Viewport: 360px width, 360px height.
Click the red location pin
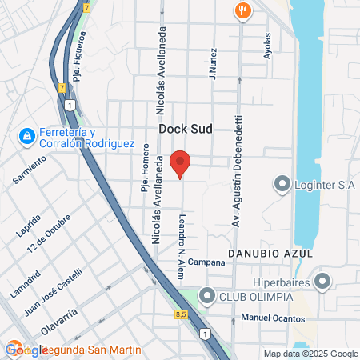181,162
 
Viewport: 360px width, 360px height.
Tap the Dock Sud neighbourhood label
184,128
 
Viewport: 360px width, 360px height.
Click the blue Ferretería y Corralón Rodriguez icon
28,137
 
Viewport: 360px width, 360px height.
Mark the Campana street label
207,262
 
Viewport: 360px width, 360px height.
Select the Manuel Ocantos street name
273,318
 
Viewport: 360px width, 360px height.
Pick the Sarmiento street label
30,170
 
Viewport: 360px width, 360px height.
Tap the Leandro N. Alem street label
181,238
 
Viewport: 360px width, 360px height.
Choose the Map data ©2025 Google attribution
311,354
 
